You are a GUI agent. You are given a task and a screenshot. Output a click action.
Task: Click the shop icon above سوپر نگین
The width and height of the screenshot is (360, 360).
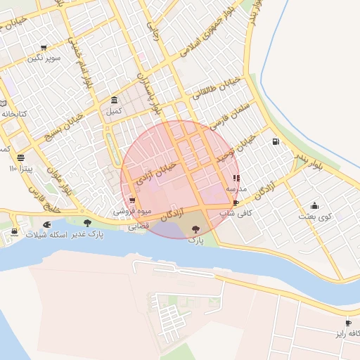[x=44, y=48]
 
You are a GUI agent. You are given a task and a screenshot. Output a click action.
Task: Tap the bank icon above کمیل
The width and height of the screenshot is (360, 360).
[x=114, y=100]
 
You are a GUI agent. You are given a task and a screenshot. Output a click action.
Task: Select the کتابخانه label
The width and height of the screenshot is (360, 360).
[x=13, y=113]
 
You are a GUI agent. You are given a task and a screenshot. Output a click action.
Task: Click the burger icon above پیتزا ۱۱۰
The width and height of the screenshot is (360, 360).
[x=20, y=157]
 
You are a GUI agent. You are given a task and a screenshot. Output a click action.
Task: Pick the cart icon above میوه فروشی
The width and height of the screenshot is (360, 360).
[x=132, y=200]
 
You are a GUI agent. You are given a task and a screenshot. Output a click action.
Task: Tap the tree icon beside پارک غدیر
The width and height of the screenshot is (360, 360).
[x=87, y=223]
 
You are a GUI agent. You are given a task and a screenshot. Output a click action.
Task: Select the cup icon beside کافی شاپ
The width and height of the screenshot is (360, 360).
[x=236, y=202]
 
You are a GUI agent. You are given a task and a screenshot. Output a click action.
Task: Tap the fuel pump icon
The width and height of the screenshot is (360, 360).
[x=274, y=141]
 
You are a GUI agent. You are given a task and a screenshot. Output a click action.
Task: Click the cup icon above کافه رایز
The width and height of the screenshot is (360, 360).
[x=348, y=323]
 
